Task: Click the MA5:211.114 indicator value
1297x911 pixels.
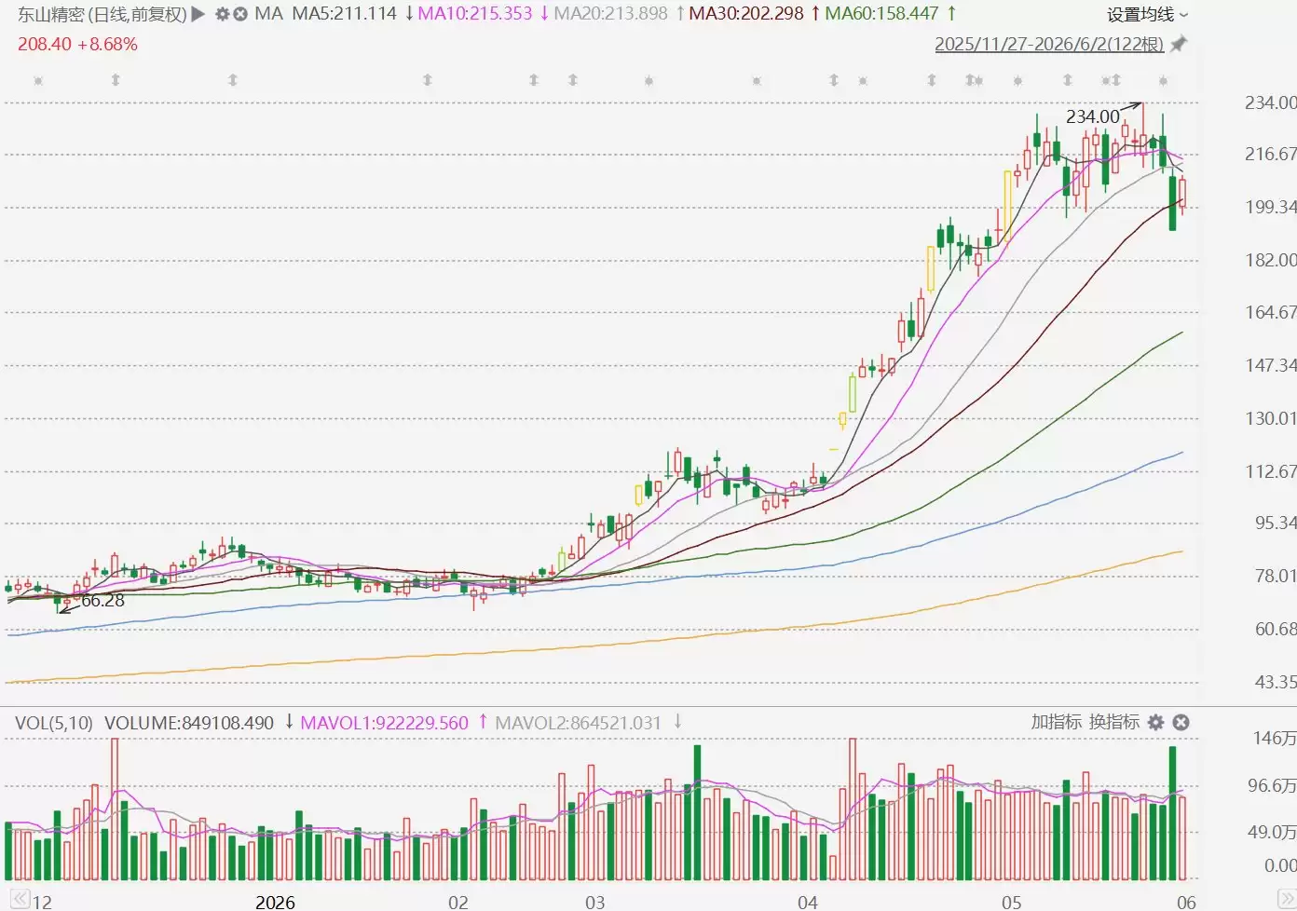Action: [345, 13]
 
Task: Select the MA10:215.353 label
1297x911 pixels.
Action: [475, 13]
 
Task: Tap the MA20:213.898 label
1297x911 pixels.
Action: [610, 13]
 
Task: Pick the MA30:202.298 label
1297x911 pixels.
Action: [745, 13]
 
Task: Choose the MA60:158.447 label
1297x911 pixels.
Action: [881, 13]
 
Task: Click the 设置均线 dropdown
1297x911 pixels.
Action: [1147, 15]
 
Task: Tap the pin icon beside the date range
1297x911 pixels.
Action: [1179, 44]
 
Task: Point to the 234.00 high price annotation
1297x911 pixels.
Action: [1093, 116]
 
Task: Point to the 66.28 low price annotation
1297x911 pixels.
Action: [102, 600]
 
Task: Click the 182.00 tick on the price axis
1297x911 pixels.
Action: [1271, 260]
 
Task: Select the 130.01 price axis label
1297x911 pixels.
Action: [1271, 418]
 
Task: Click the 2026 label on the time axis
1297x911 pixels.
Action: [275, 902]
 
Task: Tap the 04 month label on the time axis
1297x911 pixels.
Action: [807, 902]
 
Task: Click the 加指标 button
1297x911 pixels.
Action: [1056, 722]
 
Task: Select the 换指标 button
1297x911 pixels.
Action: [1114, 722]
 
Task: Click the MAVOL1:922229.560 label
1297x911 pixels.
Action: [384, 722]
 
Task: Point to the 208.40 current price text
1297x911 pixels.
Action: [45, 44]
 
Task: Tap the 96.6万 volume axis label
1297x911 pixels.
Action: [1272, 785]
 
